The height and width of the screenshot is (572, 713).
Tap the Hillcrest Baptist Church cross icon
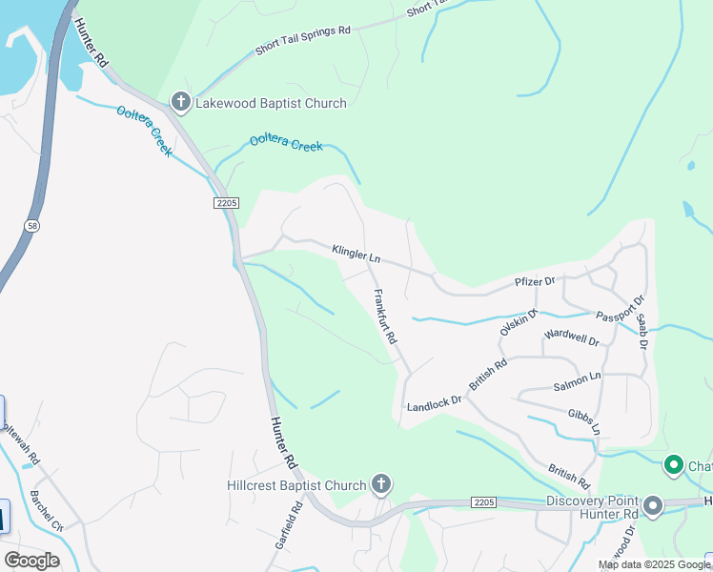click(x=380, y=485)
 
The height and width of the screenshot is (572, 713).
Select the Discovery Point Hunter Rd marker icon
click(x=653, y=506)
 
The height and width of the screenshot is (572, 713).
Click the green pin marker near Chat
click(x=674, y=466)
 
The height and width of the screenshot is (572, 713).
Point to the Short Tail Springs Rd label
click(x=303, y=41)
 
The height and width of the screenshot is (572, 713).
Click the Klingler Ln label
click(x=356, y=255)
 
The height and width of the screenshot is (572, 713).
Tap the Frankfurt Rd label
click(x=385, y=317)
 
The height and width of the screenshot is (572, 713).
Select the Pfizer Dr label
click(x=535, y=281)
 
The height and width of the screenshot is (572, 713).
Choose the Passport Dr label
click(x=615, y=315)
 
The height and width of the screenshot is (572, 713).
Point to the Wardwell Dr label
click(x=571, y=337)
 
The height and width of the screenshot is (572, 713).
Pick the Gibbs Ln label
click(x=583, y=420)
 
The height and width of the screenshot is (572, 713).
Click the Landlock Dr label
click(x=434, y=404)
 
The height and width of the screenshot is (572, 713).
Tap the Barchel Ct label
click(x=46, y=512)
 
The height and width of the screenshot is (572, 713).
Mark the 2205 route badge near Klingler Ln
click(x=225, y=204)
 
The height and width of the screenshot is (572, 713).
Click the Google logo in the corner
click(x=31, y=561)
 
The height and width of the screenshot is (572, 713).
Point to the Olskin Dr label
click(x=519, y=322)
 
